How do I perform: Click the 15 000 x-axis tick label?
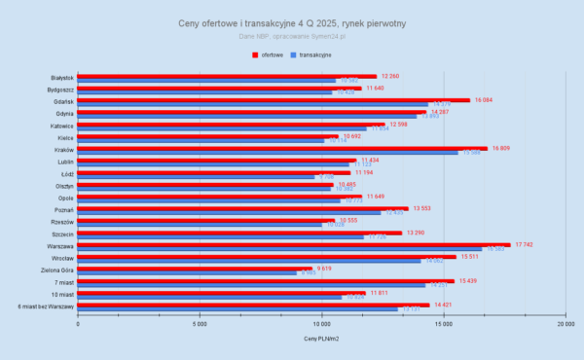pyautogui.click(x=443, y=323)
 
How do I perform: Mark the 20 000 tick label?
pyautogui.click(x=564, y=323)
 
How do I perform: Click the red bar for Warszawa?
pyautogui.click(x=292, y=245)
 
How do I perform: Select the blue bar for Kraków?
pyautogui.click(x=268, y=153)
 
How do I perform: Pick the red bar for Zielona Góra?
pyautogui.click(x=195, y=269)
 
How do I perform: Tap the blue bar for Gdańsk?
pyautogui.click(x=253, y=104)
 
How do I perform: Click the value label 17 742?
pyautogui.click(x=526, y=245)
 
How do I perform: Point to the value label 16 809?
pyautogui.click(x=502, y=148)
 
